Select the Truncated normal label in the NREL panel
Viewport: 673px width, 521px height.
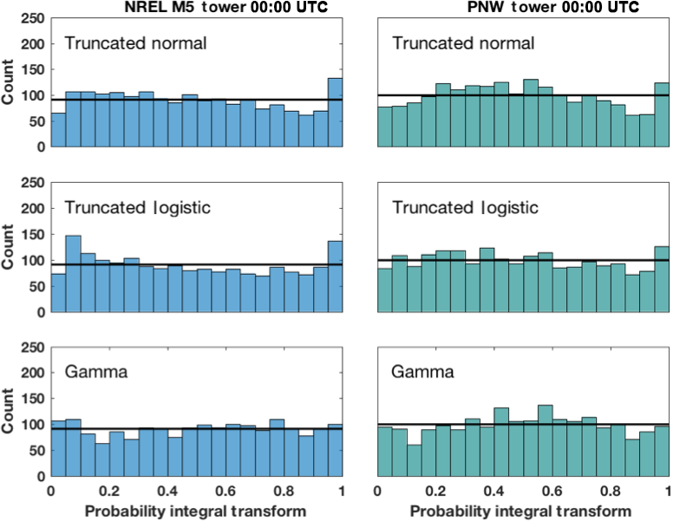[136, 43]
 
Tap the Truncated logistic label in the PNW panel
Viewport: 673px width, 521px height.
[466, 207]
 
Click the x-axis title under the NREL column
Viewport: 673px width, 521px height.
[196, 511]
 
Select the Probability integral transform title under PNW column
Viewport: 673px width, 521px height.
[524, 511]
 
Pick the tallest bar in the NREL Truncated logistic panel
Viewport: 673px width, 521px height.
[73, 273]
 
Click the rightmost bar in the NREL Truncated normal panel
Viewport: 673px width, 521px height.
[335, 113]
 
